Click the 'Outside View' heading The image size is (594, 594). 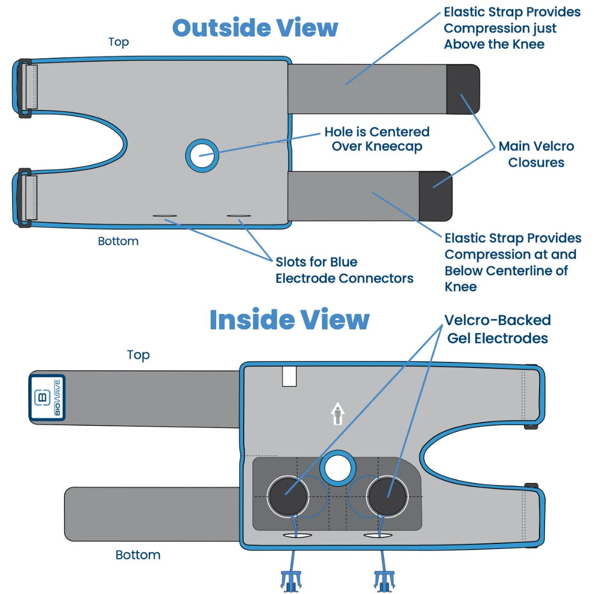coord(255,28)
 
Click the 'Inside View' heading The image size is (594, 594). coord(289,320)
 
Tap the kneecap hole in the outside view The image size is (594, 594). coord(202,155)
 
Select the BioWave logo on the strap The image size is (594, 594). coord(47,398)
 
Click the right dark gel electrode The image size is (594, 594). coord(387,496)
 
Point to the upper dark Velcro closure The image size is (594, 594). coord(462,89)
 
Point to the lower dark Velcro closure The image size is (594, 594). coord(435,196)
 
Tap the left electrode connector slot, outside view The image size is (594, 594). coord(165,216)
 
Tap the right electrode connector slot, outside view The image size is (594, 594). coord(239,216)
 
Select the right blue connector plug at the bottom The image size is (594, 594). coord(384,580)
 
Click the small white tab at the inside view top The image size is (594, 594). coord(289,377)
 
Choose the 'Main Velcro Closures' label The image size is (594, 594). coord(536,154)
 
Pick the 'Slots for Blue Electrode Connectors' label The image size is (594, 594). coord(344,270)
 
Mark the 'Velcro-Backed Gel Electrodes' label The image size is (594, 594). coord(497,329)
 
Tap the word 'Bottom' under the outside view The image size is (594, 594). coord(118,241)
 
